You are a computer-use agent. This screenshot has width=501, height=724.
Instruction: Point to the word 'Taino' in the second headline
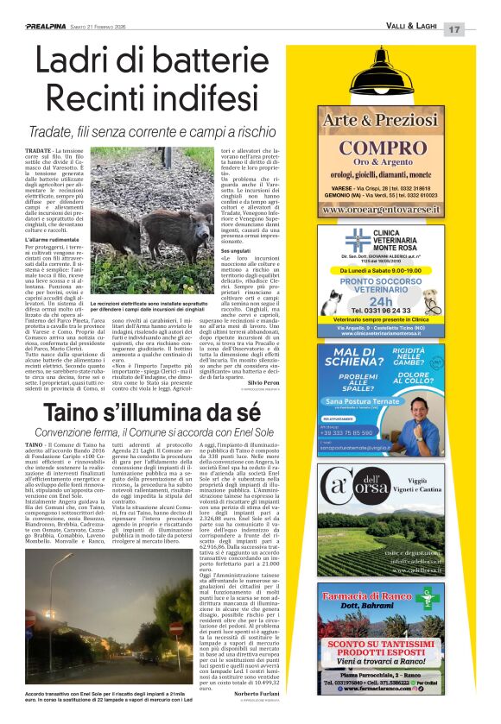tap(80, 414)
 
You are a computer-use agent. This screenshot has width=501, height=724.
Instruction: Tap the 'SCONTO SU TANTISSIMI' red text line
tap(391, 644)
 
